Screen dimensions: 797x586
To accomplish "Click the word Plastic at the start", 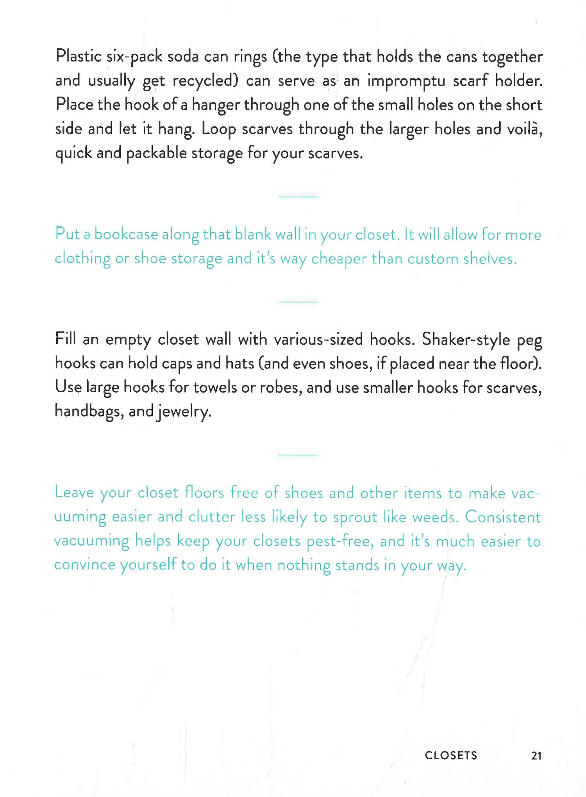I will [x=78, y=56].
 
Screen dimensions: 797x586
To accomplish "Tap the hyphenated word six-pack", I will [x=134, y=57].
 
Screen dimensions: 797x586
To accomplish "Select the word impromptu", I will [x=406, y=81].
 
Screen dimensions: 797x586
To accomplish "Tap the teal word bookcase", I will [x=126, y=234].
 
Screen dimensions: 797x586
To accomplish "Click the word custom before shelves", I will [x=432, y=259].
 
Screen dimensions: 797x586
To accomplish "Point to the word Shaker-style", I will [x=466, y=340].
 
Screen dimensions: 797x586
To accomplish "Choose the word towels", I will [x=215, y=387].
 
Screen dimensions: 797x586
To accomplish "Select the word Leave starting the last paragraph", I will [x=74, y=493].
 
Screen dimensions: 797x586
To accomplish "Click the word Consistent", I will [x=502, y=517].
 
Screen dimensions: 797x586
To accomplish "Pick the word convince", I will [x=84, y=565].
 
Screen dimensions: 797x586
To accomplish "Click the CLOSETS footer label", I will [x=451, y=755].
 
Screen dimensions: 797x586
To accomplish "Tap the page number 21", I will [x=536, y=756].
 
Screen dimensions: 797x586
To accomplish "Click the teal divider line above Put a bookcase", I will [x=298, y=197].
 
